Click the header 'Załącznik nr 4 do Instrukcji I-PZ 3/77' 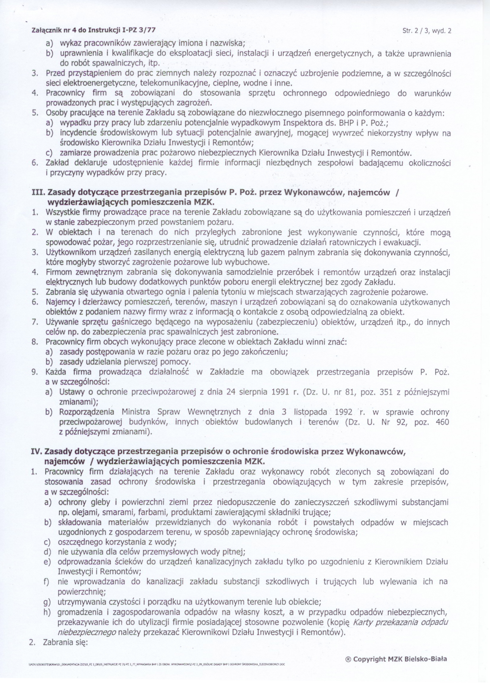[94, 31]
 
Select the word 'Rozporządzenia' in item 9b [87, 412]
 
